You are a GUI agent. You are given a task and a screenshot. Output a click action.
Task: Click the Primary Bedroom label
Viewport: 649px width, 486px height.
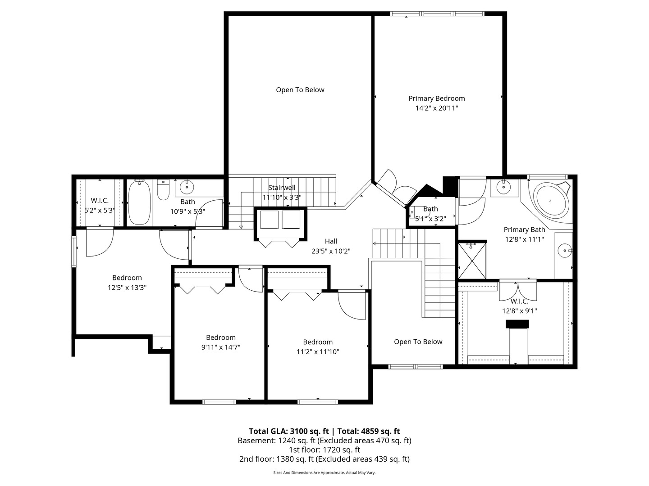pyautogui.click(x=436, y=98)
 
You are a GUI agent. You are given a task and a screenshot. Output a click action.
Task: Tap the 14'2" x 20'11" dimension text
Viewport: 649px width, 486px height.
pyautogui.click(x=436, y=108)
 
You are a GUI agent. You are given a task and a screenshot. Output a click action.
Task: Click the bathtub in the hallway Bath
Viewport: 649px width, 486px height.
pyautogui.click(x=139, y=202)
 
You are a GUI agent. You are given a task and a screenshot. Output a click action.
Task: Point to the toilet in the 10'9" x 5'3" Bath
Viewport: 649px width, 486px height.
pyautogui.click(x=163, y=191)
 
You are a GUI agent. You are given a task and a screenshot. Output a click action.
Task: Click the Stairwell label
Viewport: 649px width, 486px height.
pyautogui.click(x=282, y=188)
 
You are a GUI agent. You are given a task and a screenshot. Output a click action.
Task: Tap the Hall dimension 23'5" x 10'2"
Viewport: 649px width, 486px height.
pyautogui.click(x=331, y=251)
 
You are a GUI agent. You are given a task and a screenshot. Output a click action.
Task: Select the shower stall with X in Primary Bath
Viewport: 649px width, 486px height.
pyautogui.click(x=472, y=260)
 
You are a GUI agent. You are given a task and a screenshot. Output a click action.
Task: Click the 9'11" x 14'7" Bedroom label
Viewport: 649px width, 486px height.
pyautogui.click(x=221, y=337)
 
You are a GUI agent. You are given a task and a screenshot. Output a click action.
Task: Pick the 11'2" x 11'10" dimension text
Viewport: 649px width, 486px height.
pyautogui.click(x=318, y=351)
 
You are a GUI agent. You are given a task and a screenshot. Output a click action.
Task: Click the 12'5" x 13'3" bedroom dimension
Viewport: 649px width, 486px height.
pyautogui.click(x=127, y=288)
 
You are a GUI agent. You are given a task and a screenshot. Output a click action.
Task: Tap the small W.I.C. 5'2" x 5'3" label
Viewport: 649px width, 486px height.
pyautogui.click(x=100, y=201)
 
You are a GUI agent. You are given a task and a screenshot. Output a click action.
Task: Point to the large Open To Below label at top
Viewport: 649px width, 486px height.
pyautogui.click(x=300, y=90)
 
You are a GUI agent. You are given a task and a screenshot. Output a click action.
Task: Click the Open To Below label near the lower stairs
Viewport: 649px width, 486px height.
pyautogui.click(x=418, y=342)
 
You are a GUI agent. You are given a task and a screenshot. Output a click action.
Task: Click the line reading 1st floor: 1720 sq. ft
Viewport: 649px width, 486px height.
pyautogui.click(x=324, y=450)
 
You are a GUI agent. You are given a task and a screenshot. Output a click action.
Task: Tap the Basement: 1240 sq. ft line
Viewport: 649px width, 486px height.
pyautogui.click(x=324, y=441)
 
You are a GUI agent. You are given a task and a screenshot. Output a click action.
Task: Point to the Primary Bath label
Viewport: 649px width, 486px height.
pyautogui.click(x=524, y=229)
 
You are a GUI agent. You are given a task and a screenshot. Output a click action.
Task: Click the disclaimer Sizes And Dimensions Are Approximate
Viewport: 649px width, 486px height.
pyautogui.click(x=324, y=473)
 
